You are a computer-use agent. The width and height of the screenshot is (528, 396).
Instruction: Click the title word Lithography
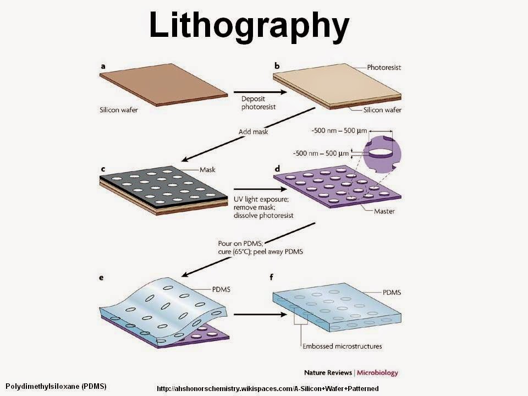pyautogui.click(x=249, y=25)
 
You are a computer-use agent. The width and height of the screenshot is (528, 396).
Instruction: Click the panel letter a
pyautogui.click(x=103, y=67)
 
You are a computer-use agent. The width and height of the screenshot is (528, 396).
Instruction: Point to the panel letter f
pyautogui.click(x=277, y=278)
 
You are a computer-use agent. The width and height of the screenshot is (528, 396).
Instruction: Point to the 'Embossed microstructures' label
pyautogui.click(x=342, y=346)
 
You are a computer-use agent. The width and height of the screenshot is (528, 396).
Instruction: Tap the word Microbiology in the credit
pyautogui.click(x=380, y=372)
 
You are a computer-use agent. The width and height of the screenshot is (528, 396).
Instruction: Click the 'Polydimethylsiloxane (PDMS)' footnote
pyautogui.click(x=56, y=386)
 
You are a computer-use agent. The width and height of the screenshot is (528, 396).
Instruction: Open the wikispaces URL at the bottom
pyautogui.click(x=267, y=389)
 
